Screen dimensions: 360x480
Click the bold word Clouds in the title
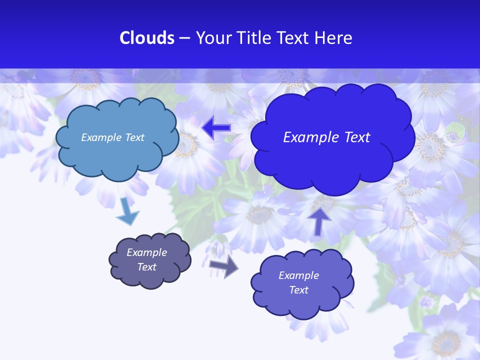pyautogui.click(x=147, y=38)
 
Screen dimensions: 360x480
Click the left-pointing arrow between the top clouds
pyautogui.click(x=216, y=128)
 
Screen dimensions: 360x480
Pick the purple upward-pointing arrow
pyautogui.click(x=319, y=220)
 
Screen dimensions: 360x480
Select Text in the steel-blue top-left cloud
pyautogui.click(x=134, y=137)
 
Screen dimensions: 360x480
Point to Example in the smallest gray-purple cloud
pyautogui.click(x=146, y=252)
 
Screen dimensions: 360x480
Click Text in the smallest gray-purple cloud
pyautogui.click(x=146, y=267)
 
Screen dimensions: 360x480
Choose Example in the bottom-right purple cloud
pyautogui.click(x=298, y=275)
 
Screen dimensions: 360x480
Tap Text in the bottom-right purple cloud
pyautogui.click(x=298, y=290)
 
